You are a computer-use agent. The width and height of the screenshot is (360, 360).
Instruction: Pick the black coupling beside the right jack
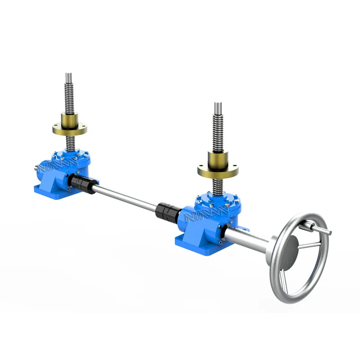click(169, 211)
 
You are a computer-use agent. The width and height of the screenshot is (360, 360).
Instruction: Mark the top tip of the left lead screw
click(68, 75)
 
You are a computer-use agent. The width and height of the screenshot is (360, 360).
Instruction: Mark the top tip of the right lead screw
click(218, 105)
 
